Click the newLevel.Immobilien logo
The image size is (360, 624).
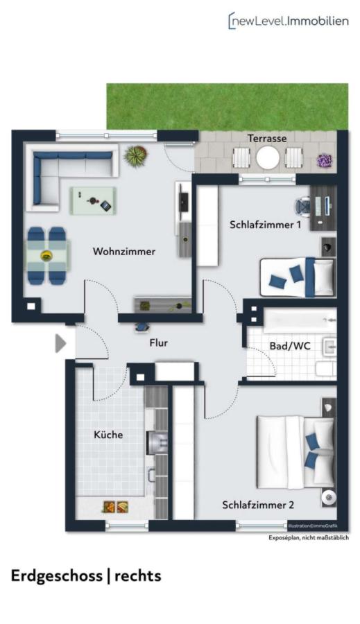point(288,21)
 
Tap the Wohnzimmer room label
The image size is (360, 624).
point(124,252)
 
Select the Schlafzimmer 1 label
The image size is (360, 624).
point(265,225)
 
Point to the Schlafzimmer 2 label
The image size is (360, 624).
point(258,505)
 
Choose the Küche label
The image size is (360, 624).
point(108,435)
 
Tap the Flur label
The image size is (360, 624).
point(158,343)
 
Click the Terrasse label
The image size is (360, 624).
point(267,139)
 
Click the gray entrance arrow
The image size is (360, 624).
point(60,343)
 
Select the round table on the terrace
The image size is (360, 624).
point(267,158)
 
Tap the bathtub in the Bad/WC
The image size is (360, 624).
point(300,322)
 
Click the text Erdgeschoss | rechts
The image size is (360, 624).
point(86,575)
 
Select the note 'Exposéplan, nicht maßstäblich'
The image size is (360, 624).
point(309,538)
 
